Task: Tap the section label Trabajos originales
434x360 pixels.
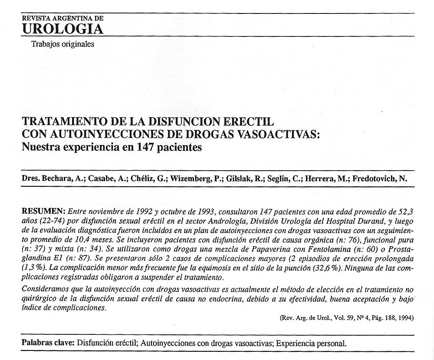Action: [62, 44]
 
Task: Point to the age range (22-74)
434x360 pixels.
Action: [49, 220]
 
